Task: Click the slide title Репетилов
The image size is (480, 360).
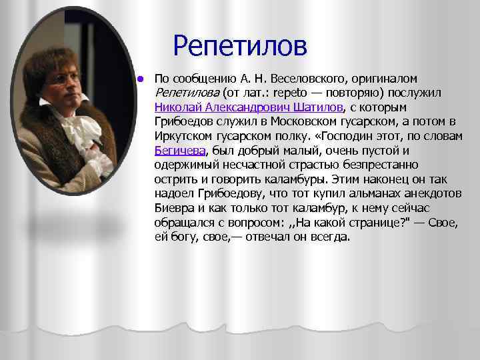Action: pyautogui.click(x=240, y=46)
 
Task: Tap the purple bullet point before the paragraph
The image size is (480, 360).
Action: pyautogui.click(x=140, y=78)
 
